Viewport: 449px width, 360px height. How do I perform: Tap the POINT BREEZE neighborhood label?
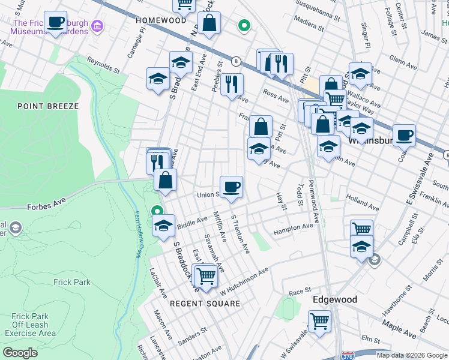pyautogui.click(x=48, y=106)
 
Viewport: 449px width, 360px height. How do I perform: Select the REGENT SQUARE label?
pyautogui.click(x=205, y=304)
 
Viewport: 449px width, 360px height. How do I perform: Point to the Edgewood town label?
pyautogui.click(x=335, y=299)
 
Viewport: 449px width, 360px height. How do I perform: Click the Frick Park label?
pyautogui.click(x=71, y=282)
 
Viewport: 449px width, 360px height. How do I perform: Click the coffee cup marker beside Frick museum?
pyautogui.click(x=56, y=23)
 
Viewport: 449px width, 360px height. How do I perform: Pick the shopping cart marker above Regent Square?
pyautogui.click(x=206, y=276)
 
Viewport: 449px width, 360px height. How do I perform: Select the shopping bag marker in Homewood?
pyautogui.click(x=210, y=25)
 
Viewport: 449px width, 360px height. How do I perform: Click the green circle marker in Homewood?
pyautogui.click(x=243, y=25)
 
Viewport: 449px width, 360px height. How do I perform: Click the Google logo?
pyautogui.click(x=20, y=352)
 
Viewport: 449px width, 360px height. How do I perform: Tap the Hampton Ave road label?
pyautogui.click(x=294, y=229)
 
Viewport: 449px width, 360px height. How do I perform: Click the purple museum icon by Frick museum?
pyautogui.click(x=98, y=27)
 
